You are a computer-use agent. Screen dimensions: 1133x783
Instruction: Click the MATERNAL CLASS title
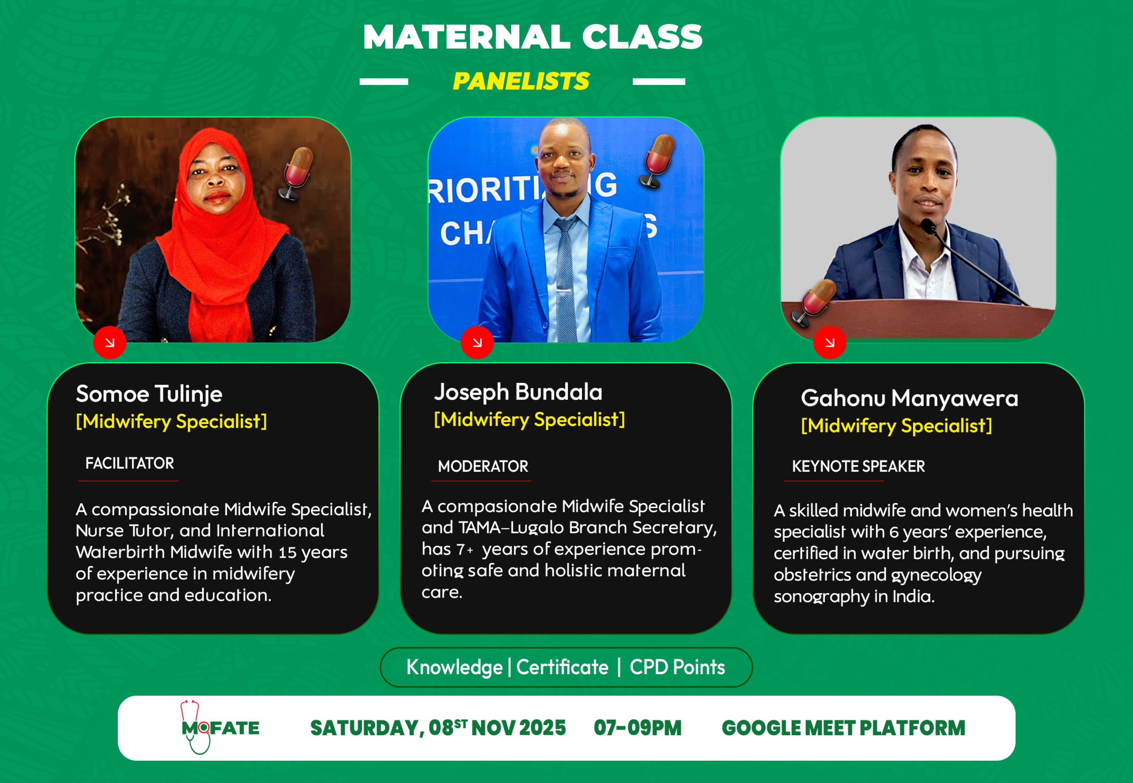[x=533, y=37]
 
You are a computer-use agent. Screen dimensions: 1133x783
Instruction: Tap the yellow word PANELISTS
[x=521, y=81]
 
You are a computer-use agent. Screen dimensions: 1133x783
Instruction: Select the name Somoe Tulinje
[x=149, y=394]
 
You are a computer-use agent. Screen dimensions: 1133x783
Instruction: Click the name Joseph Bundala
[x=518, y=392]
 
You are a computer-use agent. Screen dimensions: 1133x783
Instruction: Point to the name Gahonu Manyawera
[x=909, y=398]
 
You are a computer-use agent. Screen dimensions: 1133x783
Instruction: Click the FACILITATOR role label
[x=130, y=463]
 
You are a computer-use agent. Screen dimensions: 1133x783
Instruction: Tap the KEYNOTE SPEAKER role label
[x=858, y=466]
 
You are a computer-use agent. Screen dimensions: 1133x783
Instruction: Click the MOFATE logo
[x=220, y=728]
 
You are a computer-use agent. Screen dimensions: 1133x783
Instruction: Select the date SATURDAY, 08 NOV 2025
[x=438, y=728]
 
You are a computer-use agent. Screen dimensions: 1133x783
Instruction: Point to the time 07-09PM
[x=638, y=728]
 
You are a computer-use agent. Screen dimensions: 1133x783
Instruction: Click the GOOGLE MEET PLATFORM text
[x=843, y=728]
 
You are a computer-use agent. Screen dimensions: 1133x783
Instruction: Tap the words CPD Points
[x=677, y=667]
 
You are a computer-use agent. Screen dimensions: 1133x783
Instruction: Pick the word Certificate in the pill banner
[x=562, y=667]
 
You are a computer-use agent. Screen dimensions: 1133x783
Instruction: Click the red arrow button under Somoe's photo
[x=110, y=343]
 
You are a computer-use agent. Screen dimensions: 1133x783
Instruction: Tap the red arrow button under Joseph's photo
[x=477, y=343]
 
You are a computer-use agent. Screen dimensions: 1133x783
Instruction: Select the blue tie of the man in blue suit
[x=566, y=280]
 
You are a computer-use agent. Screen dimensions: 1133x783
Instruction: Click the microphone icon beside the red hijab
[x=296, y=174]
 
